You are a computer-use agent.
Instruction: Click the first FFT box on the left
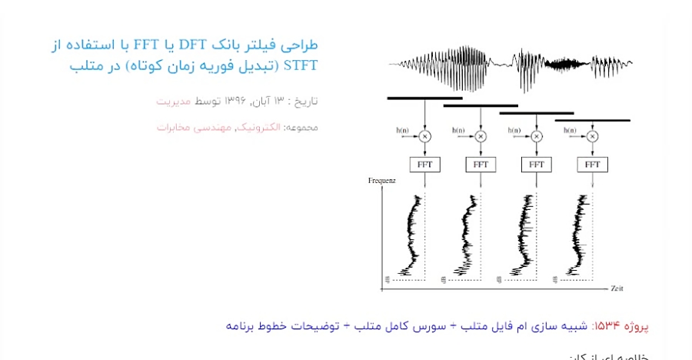pyautogui.click(x=424, y=164)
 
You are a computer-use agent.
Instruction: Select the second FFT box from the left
pyautogui.click(x=481, y=164)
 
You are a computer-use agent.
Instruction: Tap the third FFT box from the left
pyautogui.click(x=537, y=164)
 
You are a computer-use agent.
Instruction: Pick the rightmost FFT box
pyautogui.click(x=593, y=164)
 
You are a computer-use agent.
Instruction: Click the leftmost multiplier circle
pyautogui.click(x=424, y=136)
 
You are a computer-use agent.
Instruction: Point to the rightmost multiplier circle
pyautogui.click(x=593, y=136)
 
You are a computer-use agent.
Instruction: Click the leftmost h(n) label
pyautogui.click(x=403, y=130)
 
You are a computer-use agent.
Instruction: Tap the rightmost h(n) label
pyautogui.click(x=571, y=130)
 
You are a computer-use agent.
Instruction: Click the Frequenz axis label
pyautogui.click(x=382, y=180)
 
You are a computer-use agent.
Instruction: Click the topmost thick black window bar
pyautogui.click(x=424, y=98)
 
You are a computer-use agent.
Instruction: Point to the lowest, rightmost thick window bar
pyautogui.click(x=593, y=120)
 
